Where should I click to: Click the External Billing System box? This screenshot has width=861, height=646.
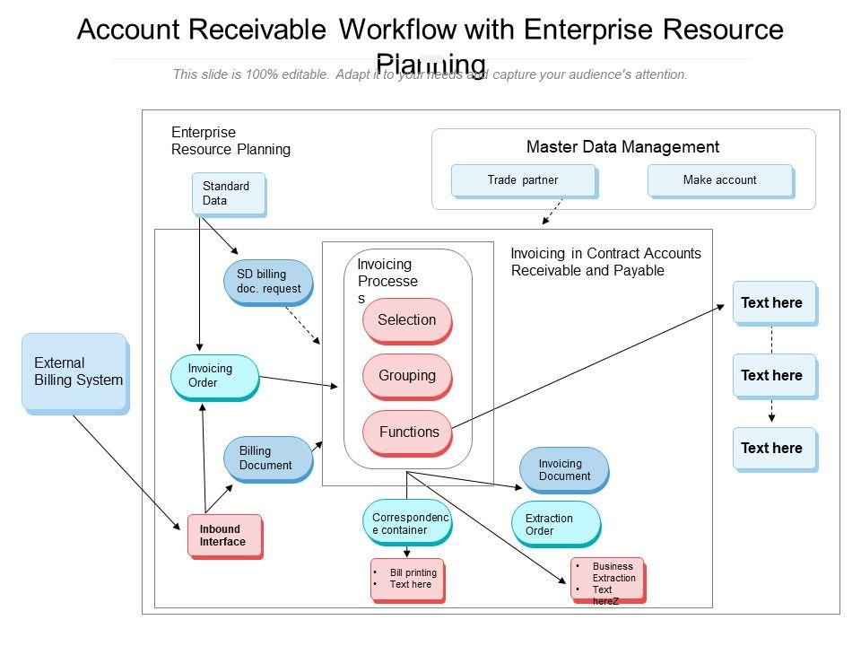coord(74,371)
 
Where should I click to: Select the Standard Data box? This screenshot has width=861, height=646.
coord(229,193)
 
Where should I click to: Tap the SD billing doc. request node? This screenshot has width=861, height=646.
coord(267,281)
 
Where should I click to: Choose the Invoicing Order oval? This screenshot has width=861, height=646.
coord(213,376)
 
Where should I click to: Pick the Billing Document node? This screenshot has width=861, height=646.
coord(267,458)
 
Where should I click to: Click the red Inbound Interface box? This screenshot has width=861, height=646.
coord(224,536)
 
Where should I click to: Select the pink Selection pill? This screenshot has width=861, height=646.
coord(406,320)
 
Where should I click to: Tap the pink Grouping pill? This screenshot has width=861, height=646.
coord(406,376)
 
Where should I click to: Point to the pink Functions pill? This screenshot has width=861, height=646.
coord(406,432)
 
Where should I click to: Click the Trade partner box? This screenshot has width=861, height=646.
coord(523,180)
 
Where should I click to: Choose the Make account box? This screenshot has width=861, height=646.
coord(719,180)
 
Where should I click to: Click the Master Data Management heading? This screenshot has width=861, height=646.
coord(622,147)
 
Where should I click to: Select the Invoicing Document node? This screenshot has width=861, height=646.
coord(563,470)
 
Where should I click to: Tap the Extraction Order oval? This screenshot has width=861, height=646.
coord(554,525)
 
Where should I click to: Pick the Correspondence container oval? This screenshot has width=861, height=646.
coord(406,523)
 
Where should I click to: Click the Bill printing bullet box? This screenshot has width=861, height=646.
coord(407,580)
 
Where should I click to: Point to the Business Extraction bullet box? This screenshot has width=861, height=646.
coord(606,580)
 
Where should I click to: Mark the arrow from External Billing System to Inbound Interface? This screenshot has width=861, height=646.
coord(126,470)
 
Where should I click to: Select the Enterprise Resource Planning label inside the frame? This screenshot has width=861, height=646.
coord(230,141)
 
